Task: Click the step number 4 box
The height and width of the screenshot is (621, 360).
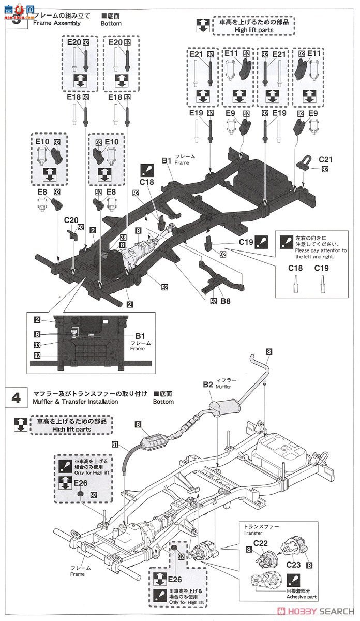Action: pyautogui.click(x=16, y=397)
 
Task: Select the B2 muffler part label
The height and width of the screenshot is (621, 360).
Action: pyautogui.click(x=208, y=385)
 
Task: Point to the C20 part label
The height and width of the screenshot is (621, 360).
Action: pyautogui.click(x=72, y=219)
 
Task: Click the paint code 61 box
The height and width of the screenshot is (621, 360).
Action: pyautogui.click(x=115, y=443)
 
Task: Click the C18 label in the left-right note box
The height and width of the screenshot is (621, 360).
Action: pyautogui.click(x=295, y=268)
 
